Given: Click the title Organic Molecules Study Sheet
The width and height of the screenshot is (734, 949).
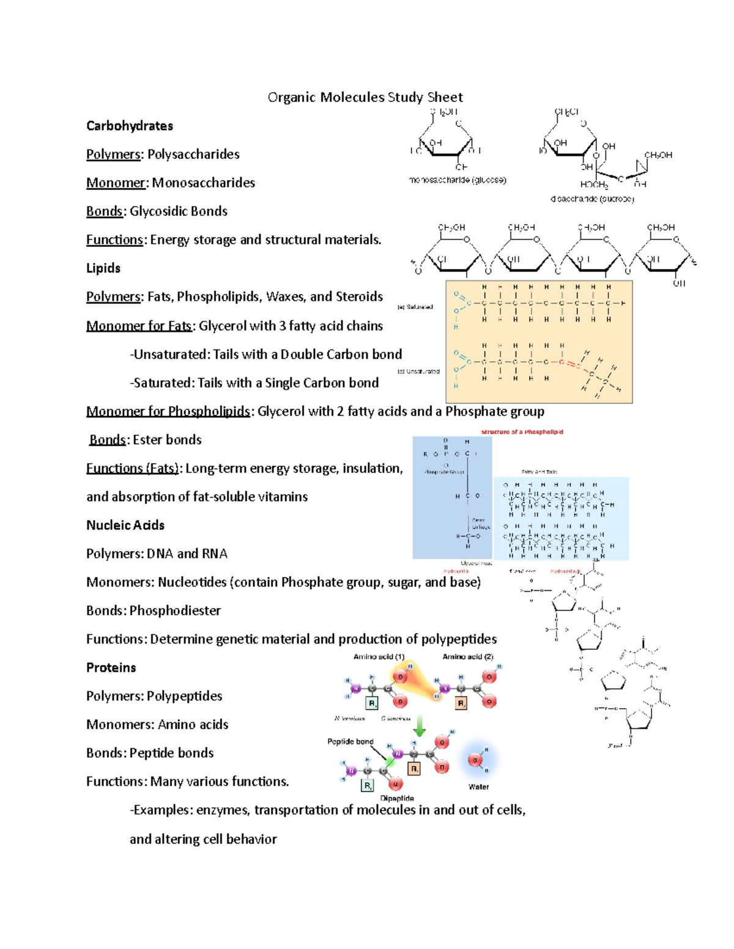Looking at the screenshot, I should [x=365, y=97].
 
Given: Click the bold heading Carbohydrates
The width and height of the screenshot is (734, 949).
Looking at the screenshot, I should [x=130, y=126].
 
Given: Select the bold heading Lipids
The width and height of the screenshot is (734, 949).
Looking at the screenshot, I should [x=103, y=268].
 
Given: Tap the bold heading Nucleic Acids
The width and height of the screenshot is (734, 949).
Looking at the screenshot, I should [x=125, y=525].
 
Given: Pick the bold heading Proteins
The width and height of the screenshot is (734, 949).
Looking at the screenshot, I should [x=111, y=667].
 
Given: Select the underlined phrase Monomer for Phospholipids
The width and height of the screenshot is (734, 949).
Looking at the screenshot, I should [x=168, y=411].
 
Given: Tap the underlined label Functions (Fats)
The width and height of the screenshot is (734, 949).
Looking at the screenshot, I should [x=133, y=468].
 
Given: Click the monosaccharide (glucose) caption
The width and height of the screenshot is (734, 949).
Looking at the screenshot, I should [x=458, y=180].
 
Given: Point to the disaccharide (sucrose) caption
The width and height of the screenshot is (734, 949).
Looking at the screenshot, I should [x=592, y=199].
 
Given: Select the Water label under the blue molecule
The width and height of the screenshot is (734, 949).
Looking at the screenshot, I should [x=478, y=787].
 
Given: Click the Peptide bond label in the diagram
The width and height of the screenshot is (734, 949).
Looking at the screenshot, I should [x=350, y=742].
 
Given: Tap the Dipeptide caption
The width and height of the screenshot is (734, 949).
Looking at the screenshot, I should [x=397, y=798].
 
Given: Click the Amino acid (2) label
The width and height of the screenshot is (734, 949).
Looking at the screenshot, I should [x=468, y=657].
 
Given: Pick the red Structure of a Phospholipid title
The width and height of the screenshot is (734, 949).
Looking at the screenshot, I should [x=522, y=432].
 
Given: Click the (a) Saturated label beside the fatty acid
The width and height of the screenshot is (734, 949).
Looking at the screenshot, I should [x=415, y=307].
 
